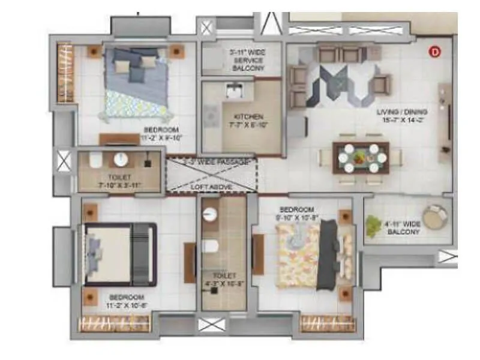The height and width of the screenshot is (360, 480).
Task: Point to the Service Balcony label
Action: click(247, 61)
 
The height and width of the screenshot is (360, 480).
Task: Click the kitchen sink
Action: click(232, 91)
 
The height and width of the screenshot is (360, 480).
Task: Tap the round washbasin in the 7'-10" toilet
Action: click(120, 160)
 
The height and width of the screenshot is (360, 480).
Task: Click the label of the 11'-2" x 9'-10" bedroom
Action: click(161, 133)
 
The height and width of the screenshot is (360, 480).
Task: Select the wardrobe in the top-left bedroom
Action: click(65, 73)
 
